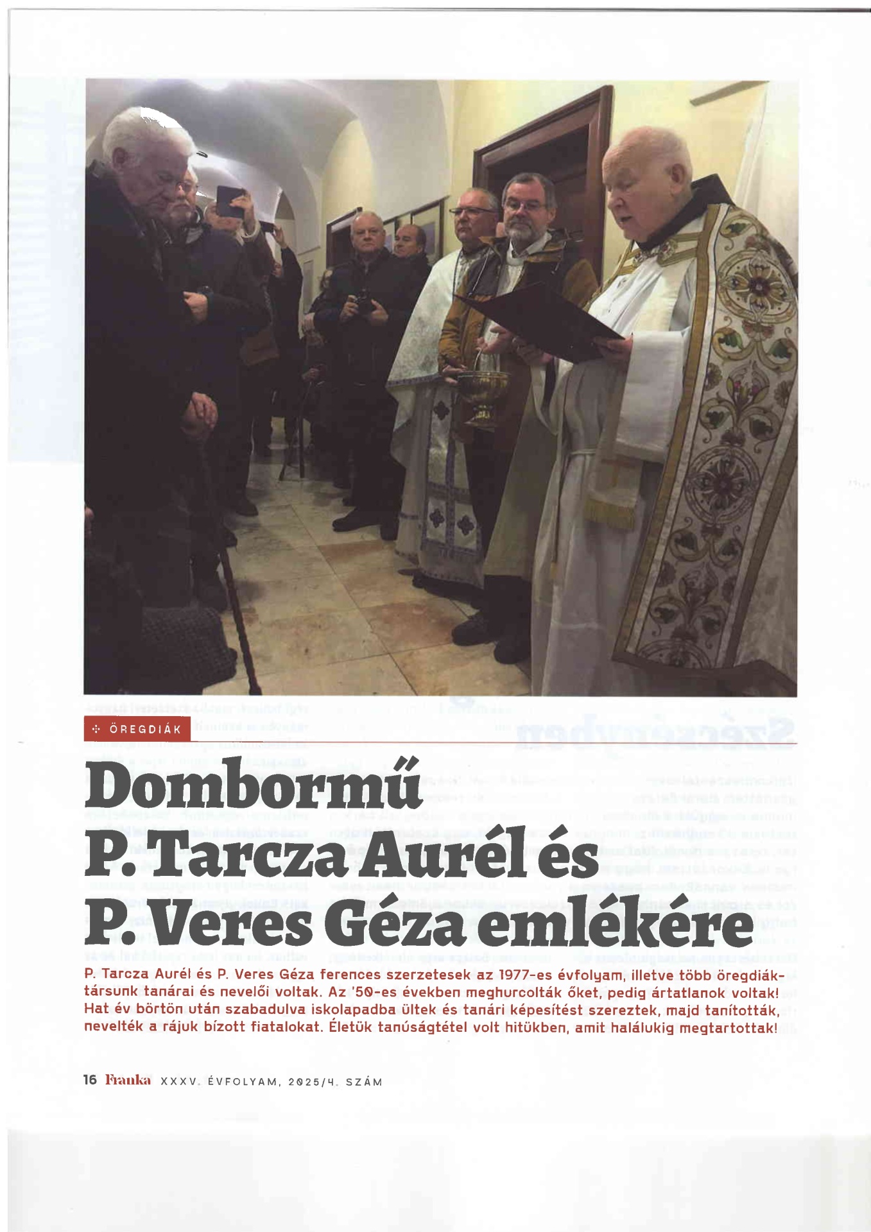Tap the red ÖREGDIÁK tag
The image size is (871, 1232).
point(137,730)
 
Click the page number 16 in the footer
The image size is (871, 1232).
point(90,1080)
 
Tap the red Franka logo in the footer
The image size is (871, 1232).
point(128,1080)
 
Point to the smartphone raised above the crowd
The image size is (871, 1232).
point(229,200)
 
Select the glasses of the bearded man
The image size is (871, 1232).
point(526,206)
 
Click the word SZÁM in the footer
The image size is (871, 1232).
point(364,1082)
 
